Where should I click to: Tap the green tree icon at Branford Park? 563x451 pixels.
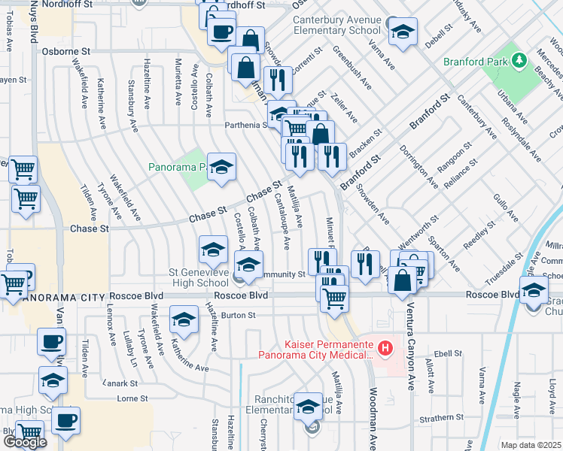click(x=520, y=60)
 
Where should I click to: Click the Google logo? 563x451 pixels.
click(x=25, y=442)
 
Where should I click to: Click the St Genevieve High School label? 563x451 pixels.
click(x=199, y=277)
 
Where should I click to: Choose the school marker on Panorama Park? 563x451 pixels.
click(x=222, y=168)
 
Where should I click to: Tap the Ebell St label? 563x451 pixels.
click(x=446, y=352)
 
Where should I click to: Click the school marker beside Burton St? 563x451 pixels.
click(x=184, y=320)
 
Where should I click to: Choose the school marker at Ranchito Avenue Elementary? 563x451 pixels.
click(x=308, y=407)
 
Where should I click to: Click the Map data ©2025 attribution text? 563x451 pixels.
click(x=531, y=445)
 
